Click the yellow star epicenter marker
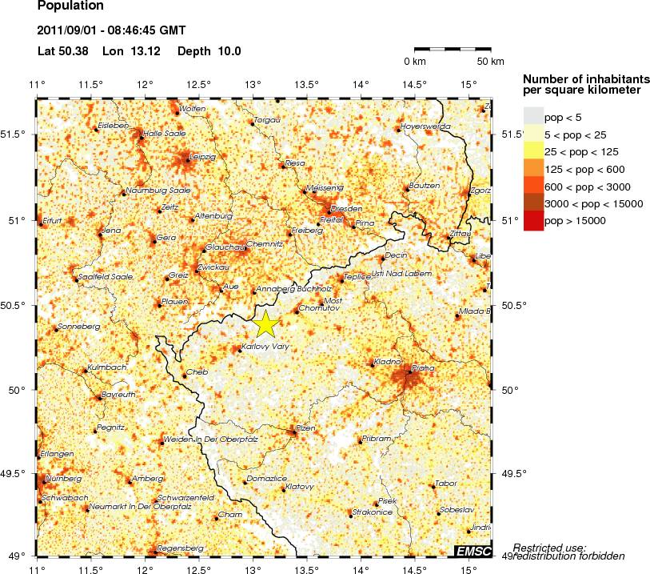click(x=266, y=324)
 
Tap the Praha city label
click(x=424, y=367)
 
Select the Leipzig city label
click(x=201, y=156)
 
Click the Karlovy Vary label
click(x=266, y=347)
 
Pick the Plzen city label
click(x=306, y=428)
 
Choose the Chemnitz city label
click(x=265, y=243)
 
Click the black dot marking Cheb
click(x=185, y=376)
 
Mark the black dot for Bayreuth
click(x=98, y=398)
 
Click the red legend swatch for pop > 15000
click(x=533, y=221)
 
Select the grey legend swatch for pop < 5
click(x=533, y=117)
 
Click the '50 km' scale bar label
click(x=490, y=62)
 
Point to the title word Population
click(x=70, y=6)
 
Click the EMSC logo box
click(x=473, y=551)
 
